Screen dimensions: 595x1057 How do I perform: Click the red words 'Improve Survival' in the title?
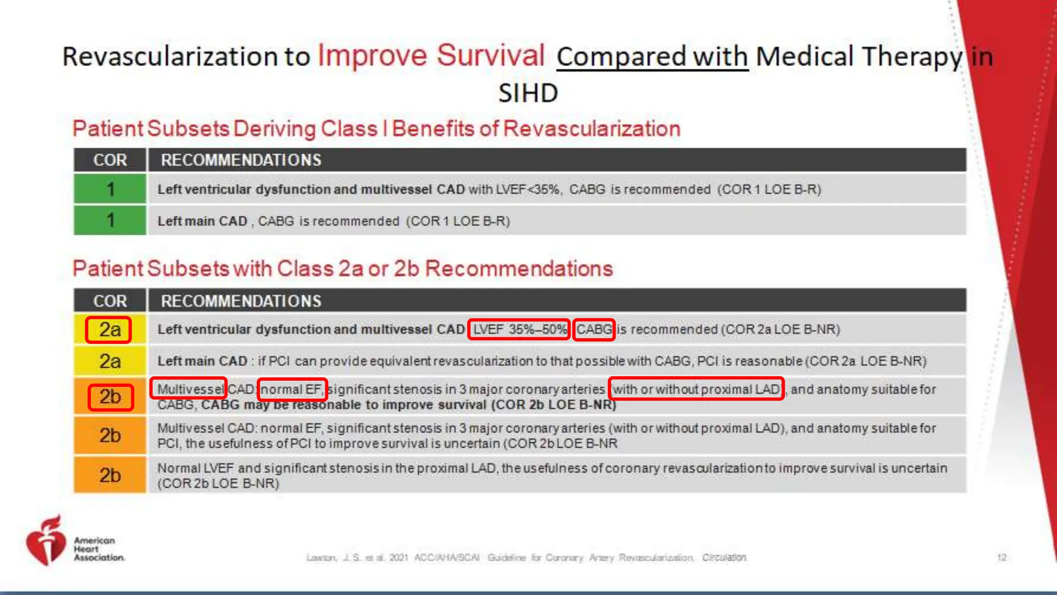431,55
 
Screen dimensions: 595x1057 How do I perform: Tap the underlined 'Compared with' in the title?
652,56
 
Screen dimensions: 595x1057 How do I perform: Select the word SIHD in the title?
528,93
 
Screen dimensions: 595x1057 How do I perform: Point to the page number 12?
1001,557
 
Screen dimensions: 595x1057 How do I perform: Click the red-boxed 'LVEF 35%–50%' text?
519,330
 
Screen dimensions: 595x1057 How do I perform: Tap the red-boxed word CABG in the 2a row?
594,330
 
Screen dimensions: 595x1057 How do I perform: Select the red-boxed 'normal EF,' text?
292,389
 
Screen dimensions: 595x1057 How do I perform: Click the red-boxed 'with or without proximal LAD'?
696,389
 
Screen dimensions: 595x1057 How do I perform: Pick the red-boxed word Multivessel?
188,388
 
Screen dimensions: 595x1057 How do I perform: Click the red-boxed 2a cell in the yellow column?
109,330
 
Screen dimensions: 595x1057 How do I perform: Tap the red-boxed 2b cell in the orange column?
110,397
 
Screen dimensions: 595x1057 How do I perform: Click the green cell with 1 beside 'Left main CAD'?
110,221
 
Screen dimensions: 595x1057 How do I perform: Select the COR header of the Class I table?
110,160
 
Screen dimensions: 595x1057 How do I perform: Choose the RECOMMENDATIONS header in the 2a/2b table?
241,301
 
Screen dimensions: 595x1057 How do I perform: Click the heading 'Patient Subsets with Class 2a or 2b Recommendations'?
342,269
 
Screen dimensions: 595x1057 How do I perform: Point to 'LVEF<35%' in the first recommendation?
527,190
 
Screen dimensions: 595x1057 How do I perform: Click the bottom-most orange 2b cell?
110,475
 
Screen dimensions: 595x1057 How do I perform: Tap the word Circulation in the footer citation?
724,557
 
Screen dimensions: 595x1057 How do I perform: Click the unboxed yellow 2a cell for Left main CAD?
110,361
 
